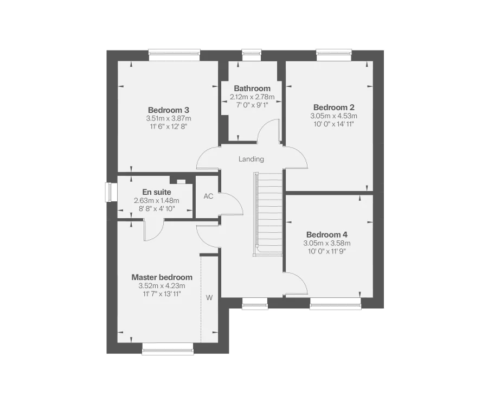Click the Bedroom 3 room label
pos(168,110)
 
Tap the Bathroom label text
pos(252,88)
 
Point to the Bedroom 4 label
pos(326,234)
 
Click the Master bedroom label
pos(162,277)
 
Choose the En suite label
pos(157,192)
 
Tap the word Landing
pos(251,159)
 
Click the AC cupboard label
pos(208,196)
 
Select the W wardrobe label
pos(209,297)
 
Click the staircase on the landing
pos(268,214)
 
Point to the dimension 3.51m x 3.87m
pos(168,118)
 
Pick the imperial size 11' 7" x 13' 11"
pos(162,294)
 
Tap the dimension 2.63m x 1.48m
pos(156,201)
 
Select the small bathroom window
pos(251,53)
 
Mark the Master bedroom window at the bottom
pos(168,351)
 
